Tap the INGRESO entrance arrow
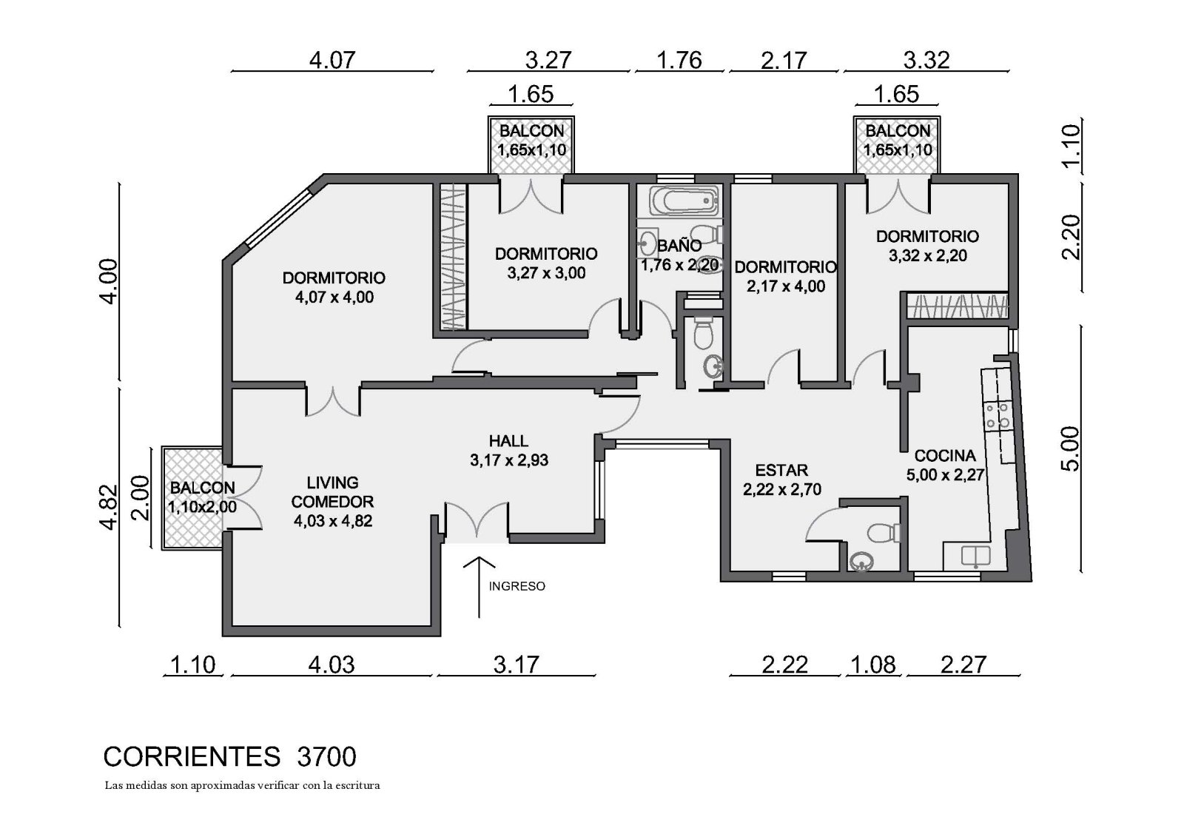pyautogui.click(x=479, y=587)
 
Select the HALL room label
pyautogui.click(x=508, y=441)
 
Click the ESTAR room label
pyautogui.click(x=781, y=470)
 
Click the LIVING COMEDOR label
pyautogui.click(x=332, y=491)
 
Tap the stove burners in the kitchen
pyautogui.click(x=998, y=416)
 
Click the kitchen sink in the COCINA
pyautogui.click(x=975, y=557)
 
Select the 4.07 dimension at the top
pyautogui.click(x=332, y=60)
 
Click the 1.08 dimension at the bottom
pyautogui.click(x=873, y=665)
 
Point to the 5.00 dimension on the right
pyautogui.click(x=1070, y=448)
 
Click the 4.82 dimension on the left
pyautogui.click(x=107, y=506)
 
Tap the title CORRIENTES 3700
pyautogui.click(x=230, y=756)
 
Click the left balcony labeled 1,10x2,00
pyautogui.click(x=192, y=498)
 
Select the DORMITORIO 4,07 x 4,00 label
pyautogui.click(x=334, y=287)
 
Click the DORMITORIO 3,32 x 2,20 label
pyautogui.click(x=928, y=246)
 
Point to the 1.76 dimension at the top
pyautogui.click(x=679, y=60)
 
